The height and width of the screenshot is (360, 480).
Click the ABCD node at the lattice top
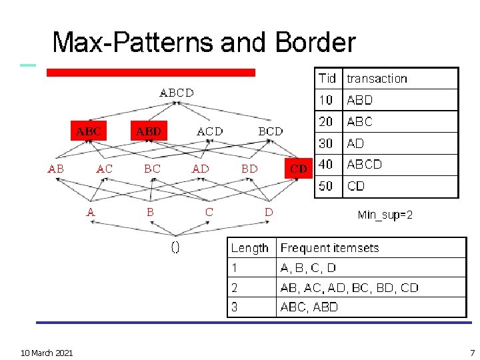click(x=177, y=93)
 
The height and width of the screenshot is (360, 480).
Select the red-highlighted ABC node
click(x=89, y=131)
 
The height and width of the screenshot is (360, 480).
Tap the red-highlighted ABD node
click(x=148, y=131)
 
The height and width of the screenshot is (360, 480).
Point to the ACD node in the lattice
click(x=210, y=131)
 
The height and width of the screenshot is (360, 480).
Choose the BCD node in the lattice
click(x=270, y=131)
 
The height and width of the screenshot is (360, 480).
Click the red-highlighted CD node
click(x=299, y=169)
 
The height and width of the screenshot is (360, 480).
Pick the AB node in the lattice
click(x=56, y=169)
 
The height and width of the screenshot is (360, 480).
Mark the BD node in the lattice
click(x=249, y=169)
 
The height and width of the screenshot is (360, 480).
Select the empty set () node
click(x=175, y=248)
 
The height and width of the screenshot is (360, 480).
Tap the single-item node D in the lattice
click(x=269, y=212)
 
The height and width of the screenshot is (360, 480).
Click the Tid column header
click(x=327, y=78)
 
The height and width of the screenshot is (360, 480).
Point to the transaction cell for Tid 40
click(x=364, y=164)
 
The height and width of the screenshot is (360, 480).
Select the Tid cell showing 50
click(x=326, y=186)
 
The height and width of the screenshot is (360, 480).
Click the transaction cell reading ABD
click(x=360, y=100)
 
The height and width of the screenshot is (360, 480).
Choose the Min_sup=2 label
click(x=385, y=215)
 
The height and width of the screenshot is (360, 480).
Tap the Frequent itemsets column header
click(x=329, y=248)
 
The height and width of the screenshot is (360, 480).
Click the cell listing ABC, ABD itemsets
click(x=309, y=307)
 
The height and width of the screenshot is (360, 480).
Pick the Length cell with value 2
click(x=235, y=288)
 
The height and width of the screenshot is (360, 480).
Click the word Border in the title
click(x=314, y=43)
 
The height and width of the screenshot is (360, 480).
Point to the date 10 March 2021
click(x=47, y=352)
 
